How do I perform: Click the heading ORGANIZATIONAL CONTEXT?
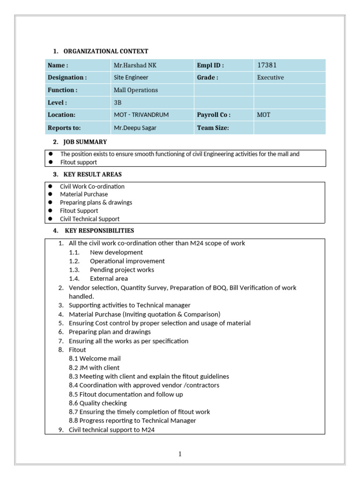105,51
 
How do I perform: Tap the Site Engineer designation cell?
131,78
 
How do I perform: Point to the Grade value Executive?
270,78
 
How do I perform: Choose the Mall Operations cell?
135,90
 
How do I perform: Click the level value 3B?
118,103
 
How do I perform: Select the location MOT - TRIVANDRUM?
141,115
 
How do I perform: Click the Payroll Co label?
214,115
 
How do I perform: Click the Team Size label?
213,127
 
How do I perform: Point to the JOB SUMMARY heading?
85,142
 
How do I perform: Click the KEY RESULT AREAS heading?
92,174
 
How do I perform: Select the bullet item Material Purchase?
84,194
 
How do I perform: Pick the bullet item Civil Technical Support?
90,219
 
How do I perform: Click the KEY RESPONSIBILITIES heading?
99,231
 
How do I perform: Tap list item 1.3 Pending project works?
122,270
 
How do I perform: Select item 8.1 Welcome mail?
95,359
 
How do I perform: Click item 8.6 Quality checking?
97,403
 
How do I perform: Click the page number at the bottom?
180,454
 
